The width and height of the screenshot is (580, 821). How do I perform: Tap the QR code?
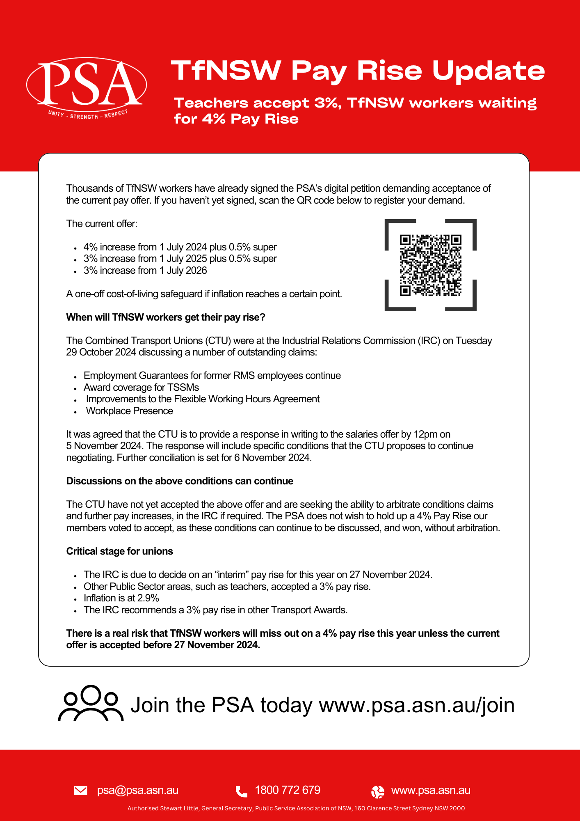click(431, 265)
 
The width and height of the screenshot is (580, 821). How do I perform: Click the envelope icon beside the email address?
click(81, 790)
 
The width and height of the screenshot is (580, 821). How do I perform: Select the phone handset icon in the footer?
click(242, 791)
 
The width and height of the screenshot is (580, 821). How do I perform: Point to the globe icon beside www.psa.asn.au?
click(378, 791)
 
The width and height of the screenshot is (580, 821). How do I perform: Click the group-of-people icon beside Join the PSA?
click(91, 703)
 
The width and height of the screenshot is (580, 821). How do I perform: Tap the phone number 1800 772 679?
click(288, 790)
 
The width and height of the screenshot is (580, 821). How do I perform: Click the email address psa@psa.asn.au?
click(138, 790)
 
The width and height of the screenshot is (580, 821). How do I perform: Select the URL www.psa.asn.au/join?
click(417, 705)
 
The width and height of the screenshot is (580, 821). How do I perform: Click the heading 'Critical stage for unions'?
click(120, 551)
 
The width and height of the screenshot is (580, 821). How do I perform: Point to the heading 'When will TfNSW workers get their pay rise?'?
click(166, 317)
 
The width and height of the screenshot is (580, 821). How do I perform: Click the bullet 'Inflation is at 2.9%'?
click(121, 598)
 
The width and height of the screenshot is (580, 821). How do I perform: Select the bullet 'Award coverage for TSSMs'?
click(141, 388)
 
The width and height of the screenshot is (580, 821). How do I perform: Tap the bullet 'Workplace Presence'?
click(130, 411)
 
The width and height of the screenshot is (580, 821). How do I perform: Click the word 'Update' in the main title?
click(489, 71)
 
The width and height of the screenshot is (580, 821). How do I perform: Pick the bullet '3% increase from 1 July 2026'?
click(145, 271)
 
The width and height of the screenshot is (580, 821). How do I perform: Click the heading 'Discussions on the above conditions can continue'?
click(180, 481)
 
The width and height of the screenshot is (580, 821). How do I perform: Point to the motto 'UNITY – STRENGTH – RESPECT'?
click(88, 115)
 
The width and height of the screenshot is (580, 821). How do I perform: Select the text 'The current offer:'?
click(102, 224)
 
